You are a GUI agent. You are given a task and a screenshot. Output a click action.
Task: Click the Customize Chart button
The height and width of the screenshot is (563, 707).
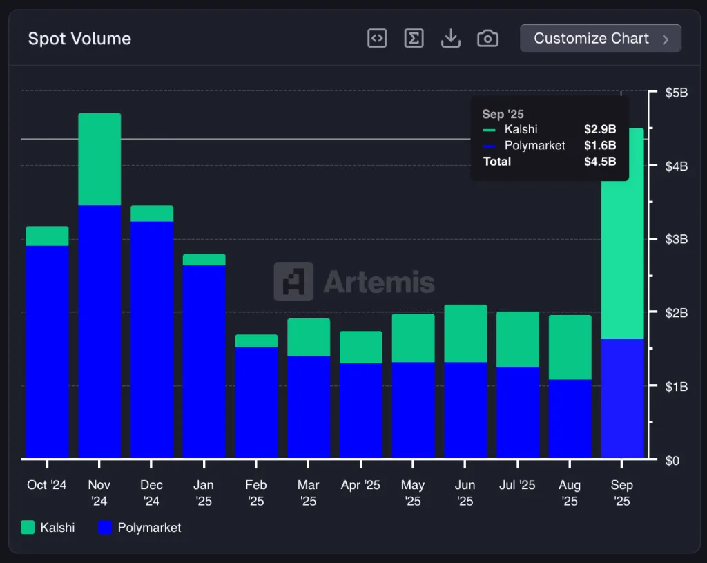pyautogui.click(x=600, y=39)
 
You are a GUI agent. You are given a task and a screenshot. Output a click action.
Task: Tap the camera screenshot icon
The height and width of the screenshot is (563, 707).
pyautogui.click(x=487, y=39)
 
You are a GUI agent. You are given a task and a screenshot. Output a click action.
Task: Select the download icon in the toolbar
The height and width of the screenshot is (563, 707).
pyautogui.click(x=450, y=39)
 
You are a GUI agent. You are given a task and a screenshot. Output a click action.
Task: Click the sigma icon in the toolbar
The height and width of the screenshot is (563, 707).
pyautogui.click(x=414, y=39)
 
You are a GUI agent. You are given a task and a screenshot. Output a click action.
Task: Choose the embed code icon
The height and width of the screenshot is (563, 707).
pyautogui.click(x=377, y=39)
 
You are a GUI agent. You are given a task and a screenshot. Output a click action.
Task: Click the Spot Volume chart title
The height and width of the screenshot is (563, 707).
pyautogui.click(x=79, y=39)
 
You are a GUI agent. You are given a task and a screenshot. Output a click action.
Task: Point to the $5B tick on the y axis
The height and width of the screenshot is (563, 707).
pyautogui.click(x=677, y=93)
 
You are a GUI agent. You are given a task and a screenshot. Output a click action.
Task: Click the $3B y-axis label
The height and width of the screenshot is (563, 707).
pyautogui.click(x=677, y=240)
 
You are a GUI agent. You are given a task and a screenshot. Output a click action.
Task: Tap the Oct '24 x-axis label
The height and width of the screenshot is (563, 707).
pyautogui.click(x=47, y=485)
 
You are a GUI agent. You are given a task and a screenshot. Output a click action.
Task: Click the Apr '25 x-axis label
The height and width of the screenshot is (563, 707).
pyautogui.click(x=360, y=485)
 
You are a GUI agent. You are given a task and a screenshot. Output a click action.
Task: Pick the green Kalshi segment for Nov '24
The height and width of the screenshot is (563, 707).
pyautogui.click(x=99, y=159)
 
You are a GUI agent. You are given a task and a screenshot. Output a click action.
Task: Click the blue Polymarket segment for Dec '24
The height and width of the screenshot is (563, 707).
pyautogui.click(x=152, y=338)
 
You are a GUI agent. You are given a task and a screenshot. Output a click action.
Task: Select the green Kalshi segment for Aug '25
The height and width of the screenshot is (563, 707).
pyautogui.click(x=570, y=347)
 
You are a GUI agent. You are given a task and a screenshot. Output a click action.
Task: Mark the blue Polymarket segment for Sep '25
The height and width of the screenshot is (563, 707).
pyautogui.click(x=622, y=398)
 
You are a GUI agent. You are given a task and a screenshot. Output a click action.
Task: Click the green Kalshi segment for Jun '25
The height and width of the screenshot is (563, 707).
pyautogui.click(x=465, y=333)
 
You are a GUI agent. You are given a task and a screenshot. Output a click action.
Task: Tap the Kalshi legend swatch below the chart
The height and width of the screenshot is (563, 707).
pyautogui.click(x=28, y=528)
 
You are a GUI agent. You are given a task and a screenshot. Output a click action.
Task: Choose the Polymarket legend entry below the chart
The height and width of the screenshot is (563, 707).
pyautogui.click(x=140, y=528)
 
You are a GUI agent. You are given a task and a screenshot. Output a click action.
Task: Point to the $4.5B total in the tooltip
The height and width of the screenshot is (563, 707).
pyautogui.click(x=600, y=162)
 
